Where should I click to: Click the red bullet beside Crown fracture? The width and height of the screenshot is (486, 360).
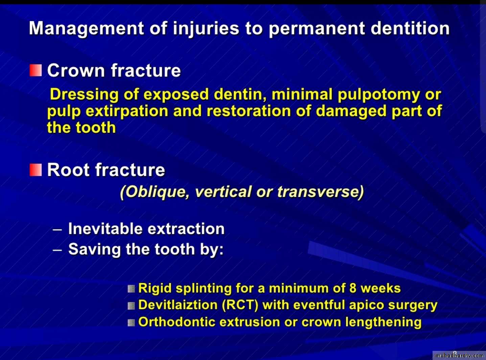point(36,70)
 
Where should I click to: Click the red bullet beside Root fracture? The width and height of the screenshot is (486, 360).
point(36,170)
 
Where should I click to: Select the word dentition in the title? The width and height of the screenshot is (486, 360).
point(410,28)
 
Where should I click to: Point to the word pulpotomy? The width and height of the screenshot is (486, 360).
point(378,95)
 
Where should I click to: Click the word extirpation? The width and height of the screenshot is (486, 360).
point(127,111)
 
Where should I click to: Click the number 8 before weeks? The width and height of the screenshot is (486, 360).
point(352,288)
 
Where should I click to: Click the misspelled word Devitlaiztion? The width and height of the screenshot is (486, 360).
point(178,305)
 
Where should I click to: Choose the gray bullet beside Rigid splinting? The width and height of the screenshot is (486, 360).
point(131,289)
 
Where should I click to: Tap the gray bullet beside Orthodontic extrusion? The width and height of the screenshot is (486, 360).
point(131,323)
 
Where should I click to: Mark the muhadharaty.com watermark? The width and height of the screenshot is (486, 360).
point(459,356)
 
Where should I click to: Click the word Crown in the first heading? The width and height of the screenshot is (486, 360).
point(76,71)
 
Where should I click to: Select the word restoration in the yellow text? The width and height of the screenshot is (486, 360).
point(249,111)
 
